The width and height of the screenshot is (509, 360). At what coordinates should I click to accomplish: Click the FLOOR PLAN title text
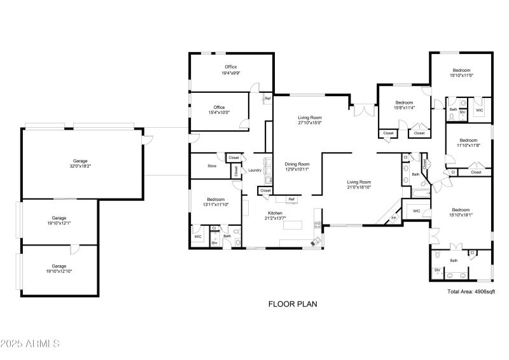click(293, 304)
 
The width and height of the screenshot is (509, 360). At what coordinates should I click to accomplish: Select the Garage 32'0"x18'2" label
click(80, 163)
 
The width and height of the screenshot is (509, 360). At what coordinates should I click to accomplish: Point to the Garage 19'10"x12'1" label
click(59, 220)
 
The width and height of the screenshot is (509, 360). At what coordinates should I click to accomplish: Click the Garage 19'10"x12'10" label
click(59, 269)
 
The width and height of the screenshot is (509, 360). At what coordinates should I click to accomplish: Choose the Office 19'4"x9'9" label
click(230, 70)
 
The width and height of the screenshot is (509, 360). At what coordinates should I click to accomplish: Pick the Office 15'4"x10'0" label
click(220, 110)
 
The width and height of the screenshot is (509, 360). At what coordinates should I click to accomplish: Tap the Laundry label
click(255, 170)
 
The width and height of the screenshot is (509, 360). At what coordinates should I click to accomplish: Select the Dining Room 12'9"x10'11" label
click(296, 167)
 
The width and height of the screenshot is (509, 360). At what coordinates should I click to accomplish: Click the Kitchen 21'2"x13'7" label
click(275, 216)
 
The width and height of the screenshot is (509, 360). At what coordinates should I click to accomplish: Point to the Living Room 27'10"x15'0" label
click(310, 120)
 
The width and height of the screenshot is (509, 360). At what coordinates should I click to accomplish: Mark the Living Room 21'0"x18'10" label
click(359, 184)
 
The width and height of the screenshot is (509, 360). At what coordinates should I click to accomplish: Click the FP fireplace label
click(393, 218)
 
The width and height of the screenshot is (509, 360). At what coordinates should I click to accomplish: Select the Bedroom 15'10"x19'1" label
click(461, 212)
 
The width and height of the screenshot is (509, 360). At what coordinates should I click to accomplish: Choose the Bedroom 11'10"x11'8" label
click(468, 143)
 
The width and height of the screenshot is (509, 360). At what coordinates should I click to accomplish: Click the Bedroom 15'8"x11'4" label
click(405, 105)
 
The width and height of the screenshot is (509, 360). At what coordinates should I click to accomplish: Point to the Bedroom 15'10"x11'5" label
click(461, 73)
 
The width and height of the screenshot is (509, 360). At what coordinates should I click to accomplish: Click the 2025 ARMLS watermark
click(30, 343)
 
